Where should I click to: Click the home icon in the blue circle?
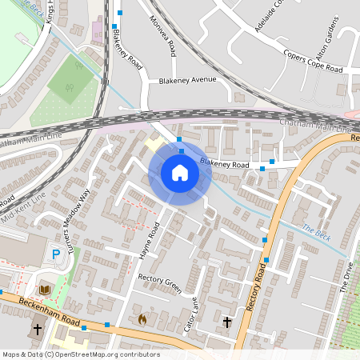pos(180,172)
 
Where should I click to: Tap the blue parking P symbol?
pos(56,254)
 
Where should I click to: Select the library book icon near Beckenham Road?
pos(45,289)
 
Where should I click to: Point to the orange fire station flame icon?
pos(142,318)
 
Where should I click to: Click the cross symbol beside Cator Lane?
pos(227,322)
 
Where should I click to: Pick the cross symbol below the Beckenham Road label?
pos(37,330)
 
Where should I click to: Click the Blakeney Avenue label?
pos(188,81)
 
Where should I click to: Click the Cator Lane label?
pos(190,314)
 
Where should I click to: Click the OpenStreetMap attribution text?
pos(81,354)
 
